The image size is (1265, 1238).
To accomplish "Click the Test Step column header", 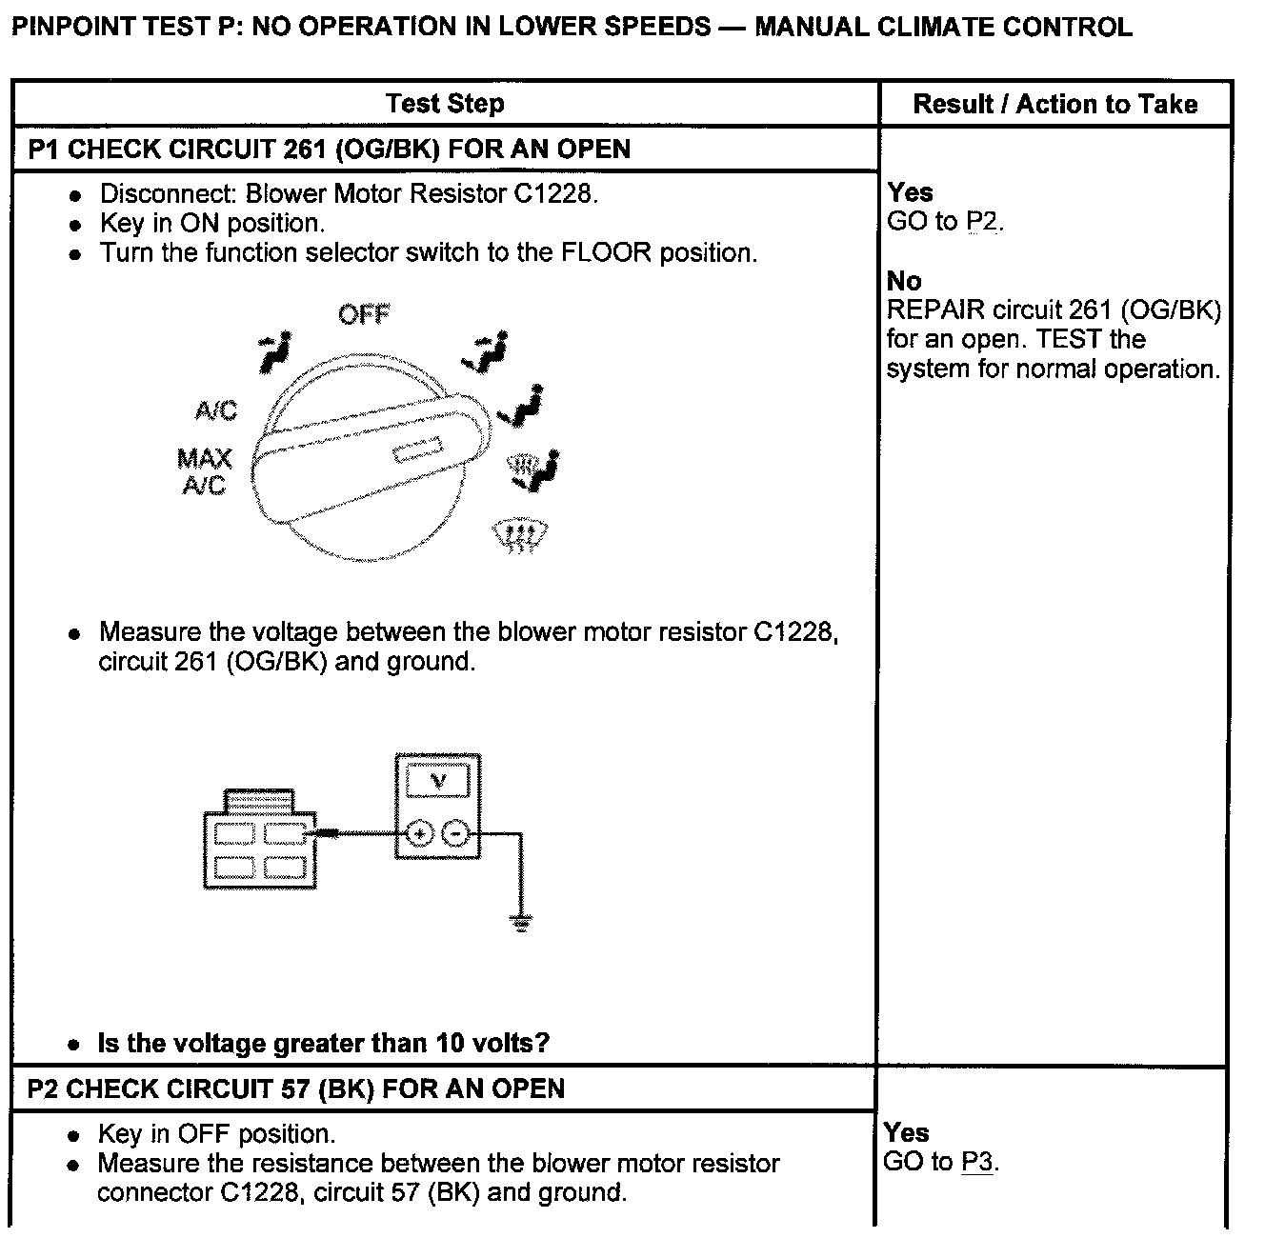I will pos(445,104).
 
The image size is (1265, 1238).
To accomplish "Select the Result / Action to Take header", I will pos(1054,104).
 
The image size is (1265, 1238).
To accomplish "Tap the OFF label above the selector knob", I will pos(364,313).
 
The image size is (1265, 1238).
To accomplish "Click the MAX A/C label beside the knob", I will pos(204,471).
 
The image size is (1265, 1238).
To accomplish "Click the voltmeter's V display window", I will pos(438,782).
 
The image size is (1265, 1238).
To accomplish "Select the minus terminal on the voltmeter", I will pos(456,834).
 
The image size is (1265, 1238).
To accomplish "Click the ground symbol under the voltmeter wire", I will pos(520,921).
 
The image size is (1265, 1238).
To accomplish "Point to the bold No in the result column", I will pos(904,281).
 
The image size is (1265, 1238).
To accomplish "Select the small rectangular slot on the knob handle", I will pos(419,449).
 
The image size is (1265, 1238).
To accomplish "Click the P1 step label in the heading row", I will pos(44,150).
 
